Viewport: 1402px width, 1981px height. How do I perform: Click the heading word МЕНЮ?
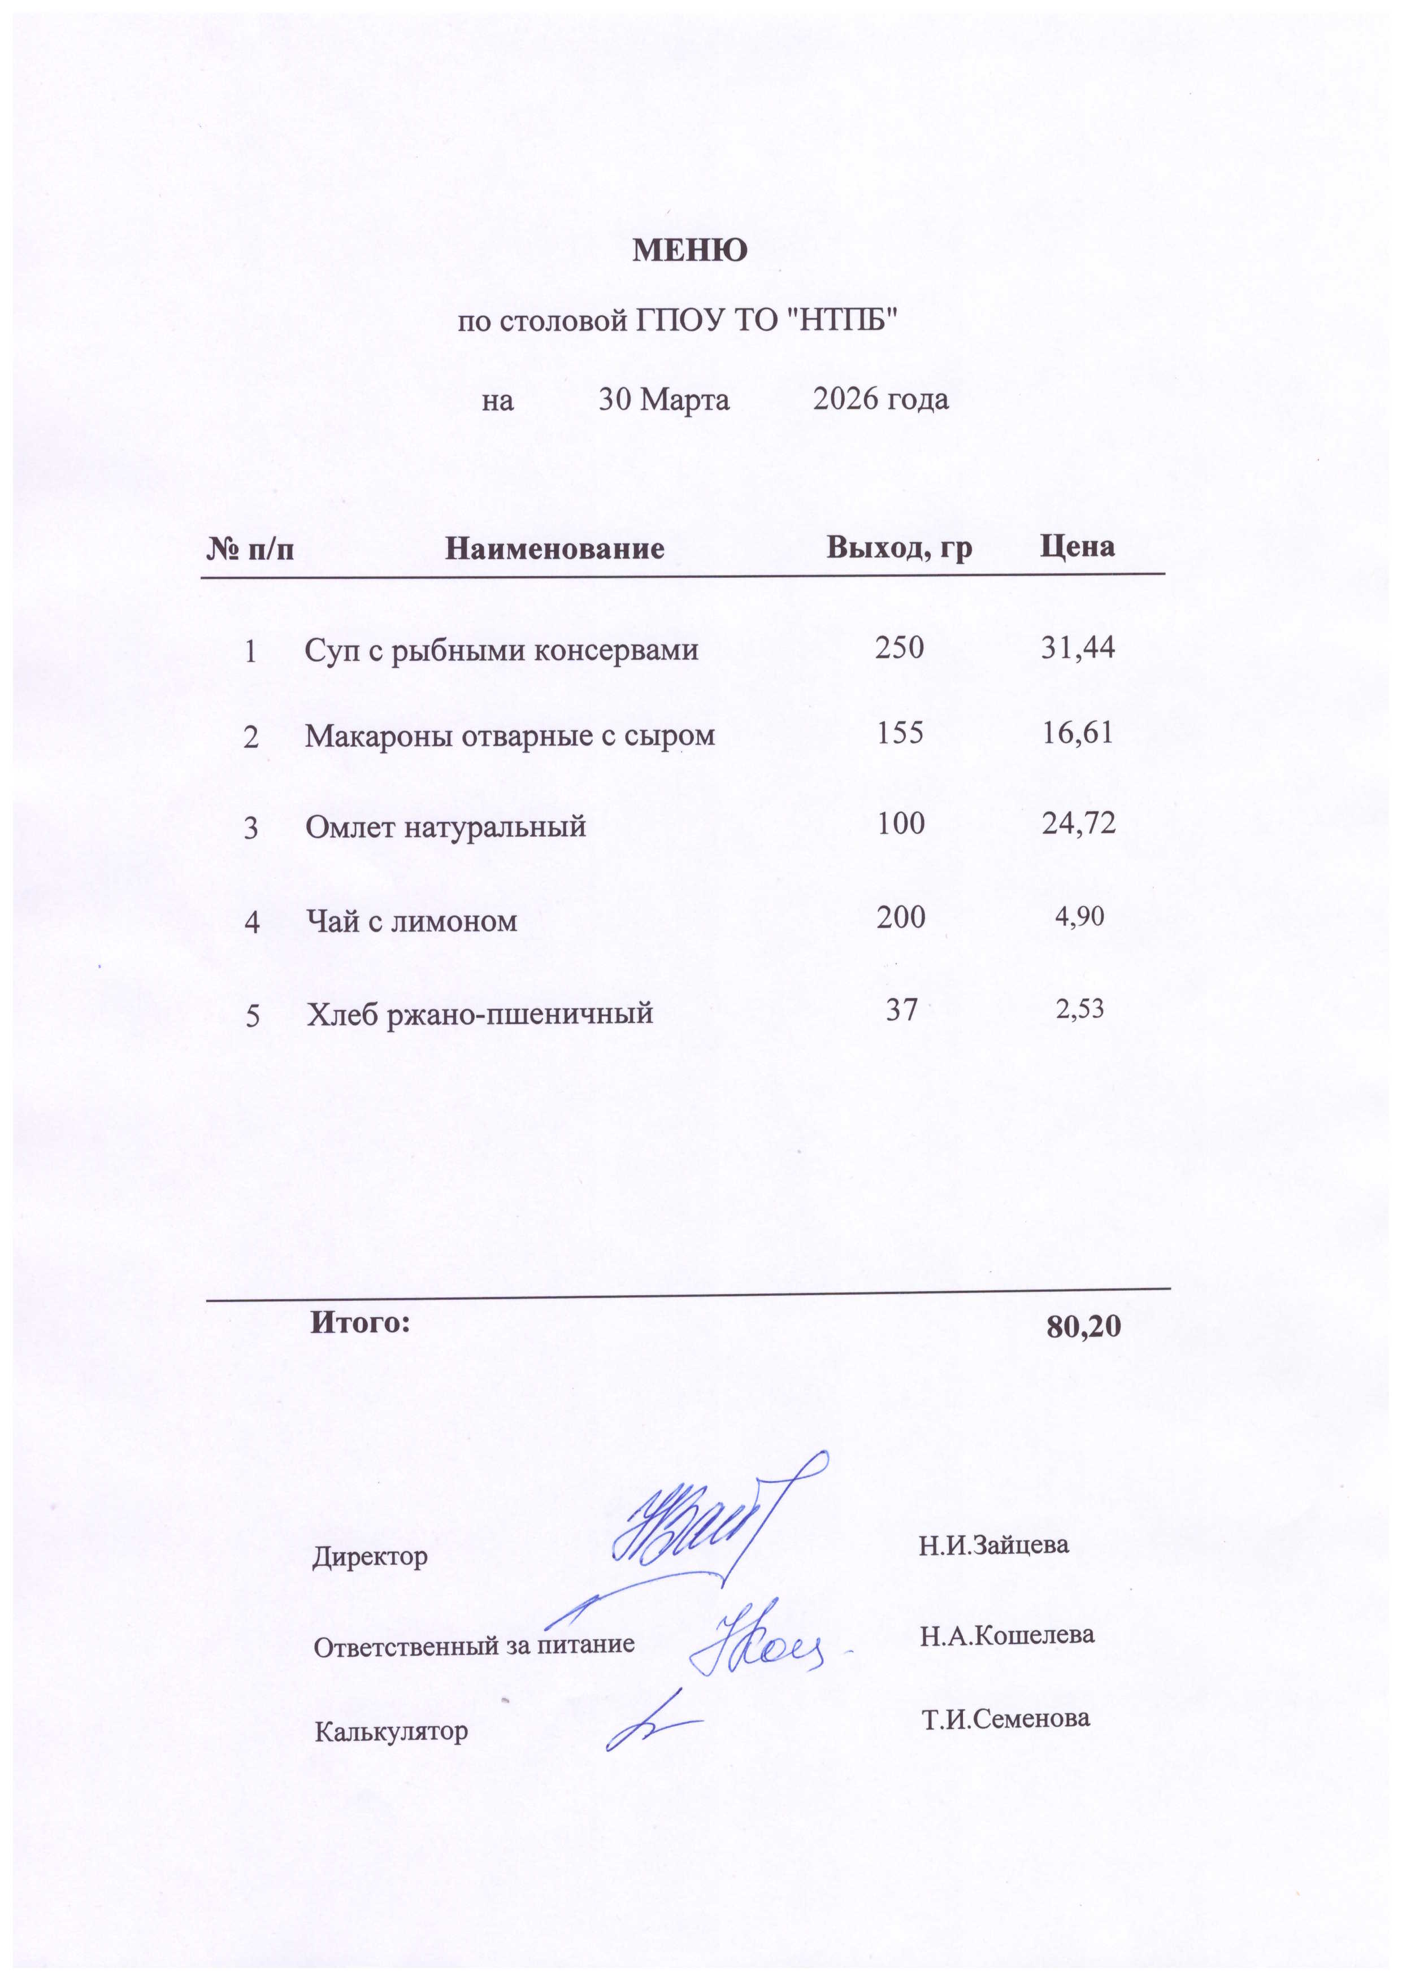(690, 250)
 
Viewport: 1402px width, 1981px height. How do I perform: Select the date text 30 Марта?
(664, 399)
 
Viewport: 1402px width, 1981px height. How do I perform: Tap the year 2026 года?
(880, 399)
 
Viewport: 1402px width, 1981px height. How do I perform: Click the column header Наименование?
(554, 548)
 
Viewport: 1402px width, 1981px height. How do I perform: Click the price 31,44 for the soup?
(1078, 647)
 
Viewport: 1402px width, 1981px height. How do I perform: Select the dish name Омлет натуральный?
(445, 826)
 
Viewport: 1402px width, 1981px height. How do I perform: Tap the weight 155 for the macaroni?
(900, 733)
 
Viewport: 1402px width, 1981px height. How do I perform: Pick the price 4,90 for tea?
(1079, 916)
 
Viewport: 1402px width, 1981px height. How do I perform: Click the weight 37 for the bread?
(901, 1009)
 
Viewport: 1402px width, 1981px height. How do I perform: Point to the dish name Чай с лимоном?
(412, 921)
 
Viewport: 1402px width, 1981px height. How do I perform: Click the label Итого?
(360, 1322)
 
